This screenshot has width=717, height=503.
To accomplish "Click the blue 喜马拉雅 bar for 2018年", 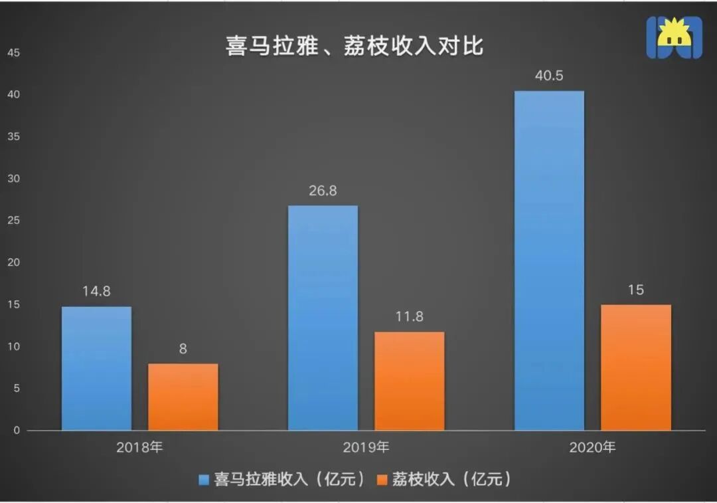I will pos(96,368).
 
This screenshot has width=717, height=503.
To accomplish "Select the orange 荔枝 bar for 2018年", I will pos(183,397).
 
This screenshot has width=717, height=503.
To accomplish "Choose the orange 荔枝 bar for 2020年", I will pos(636,367).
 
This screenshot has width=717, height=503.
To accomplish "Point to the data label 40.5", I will pos(549,76).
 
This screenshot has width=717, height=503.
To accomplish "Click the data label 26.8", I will pos(323,191).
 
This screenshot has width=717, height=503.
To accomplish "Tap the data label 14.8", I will pos(96,292).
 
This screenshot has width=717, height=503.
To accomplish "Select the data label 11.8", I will pos(409,316).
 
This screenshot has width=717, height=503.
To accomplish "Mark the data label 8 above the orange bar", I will pos(183,350).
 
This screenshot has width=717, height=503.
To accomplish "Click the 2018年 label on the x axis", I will pos(139,447).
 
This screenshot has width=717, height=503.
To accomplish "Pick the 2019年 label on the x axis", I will pos(366,447).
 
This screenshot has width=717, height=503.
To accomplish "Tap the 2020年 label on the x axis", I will pos(592,447).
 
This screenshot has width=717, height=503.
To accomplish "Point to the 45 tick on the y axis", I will pos(14,52).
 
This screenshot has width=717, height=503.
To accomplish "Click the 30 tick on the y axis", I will pos(14,179).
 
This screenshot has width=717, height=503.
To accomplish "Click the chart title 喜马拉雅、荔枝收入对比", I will pos(355,47).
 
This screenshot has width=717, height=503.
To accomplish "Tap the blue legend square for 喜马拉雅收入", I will pos(204,479).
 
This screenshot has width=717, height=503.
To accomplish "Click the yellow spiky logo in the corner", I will pos(675,37).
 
